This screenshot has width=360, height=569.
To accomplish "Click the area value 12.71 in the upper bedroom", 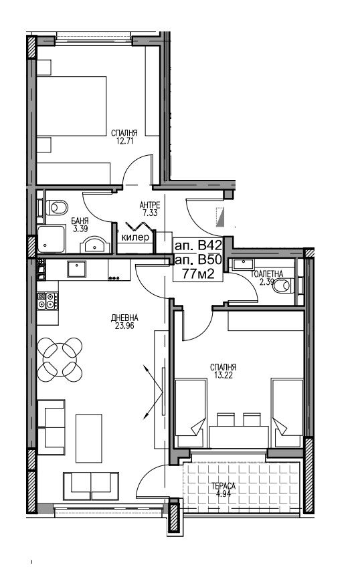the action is coord(125,141).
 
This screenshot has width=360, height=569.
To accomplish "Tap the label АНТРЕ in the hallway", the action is coord(150,206).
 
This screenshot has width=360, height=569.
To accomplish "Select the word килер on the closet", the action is coord(135,237).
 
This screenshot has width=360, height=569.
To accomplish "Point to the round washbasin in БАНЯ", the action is coord(95,245).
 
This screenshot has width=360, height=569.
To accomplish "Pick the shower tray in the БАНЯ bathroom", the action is coord(52,239).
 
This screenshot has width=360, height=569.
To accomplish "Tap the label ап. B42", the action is coord(198,245).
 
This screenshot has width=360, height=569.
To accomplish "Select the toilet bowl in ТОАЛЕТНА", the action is coord(284,286).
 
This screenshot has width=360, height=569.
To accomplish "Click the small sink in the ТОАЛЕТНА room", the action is coord(244,264).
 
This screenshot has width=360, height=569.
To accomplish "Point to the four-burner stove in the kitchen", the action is coord(48,301).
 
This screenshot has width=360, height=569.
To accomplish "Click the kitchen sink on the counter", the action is coord(77,269).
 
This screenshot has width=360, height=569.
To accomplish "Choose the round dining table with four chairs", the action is coord(60,360).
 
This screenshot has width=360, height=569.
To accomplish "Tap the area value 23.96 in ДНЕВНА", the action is coord(124,326).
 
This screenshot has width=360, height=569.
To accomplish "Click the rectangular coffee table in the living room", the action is coord(89,438).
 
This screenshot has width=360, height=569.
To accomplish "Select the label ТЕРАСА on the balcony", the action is coord(224,486).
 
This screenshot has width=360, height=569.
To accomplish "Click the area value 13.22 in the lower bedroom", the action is coord(223,375).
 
